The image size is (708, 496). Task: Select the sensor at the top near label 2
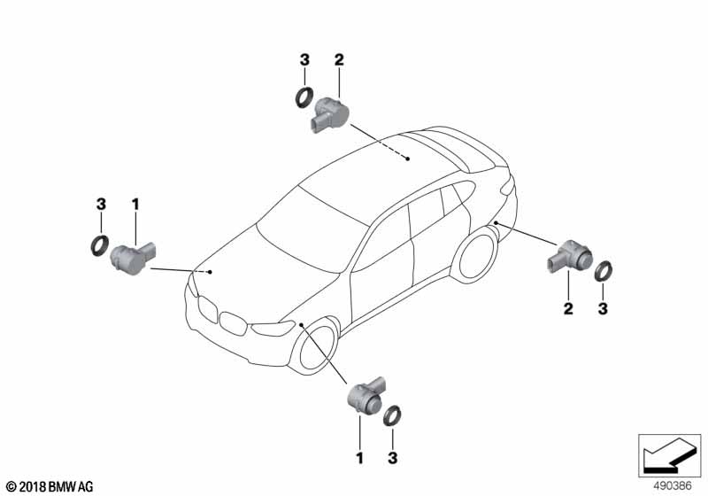[x=327, y=115]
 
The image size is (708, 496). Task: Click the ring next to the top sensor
[x=304, y=97]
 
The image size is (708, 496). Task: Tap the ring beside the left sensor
[x=100, y=245]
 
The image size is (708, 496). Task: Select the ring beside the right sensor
[x=603, y=271]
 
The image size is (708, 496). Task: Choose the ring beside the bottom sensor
[x=393, y=415]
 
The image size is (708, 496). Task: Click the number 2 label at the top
[x=339, y=60]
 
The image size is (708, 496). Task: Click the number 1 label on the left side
[x=135, y=205]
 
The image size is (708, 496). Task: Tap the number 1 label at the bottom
[x=359, y=458]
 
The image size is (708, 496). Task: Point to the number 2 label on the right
[x=568, y=308]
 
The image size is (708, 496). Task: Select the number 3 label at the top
[x=304, y=60]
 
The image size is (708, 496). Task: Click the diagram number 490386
[x=673, y=486]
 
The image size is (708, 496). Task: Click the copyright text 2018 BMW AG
[x=50, y=487]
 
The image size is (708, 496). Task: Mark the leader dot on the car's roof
[x=407, y=159]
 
